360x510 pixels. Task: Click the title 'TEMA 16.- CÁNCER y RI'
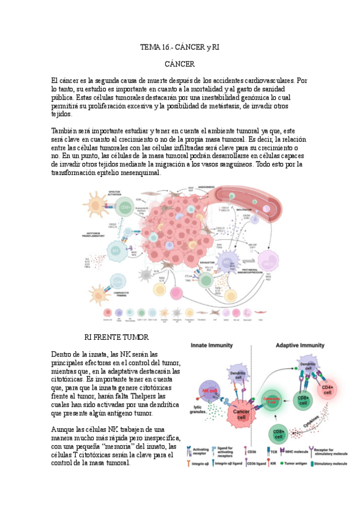[180, 46]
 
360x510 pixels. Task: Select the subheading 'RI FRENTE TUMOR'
[117, 337]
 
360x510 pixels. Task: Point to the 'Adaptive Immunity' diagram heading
[301, 346]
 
